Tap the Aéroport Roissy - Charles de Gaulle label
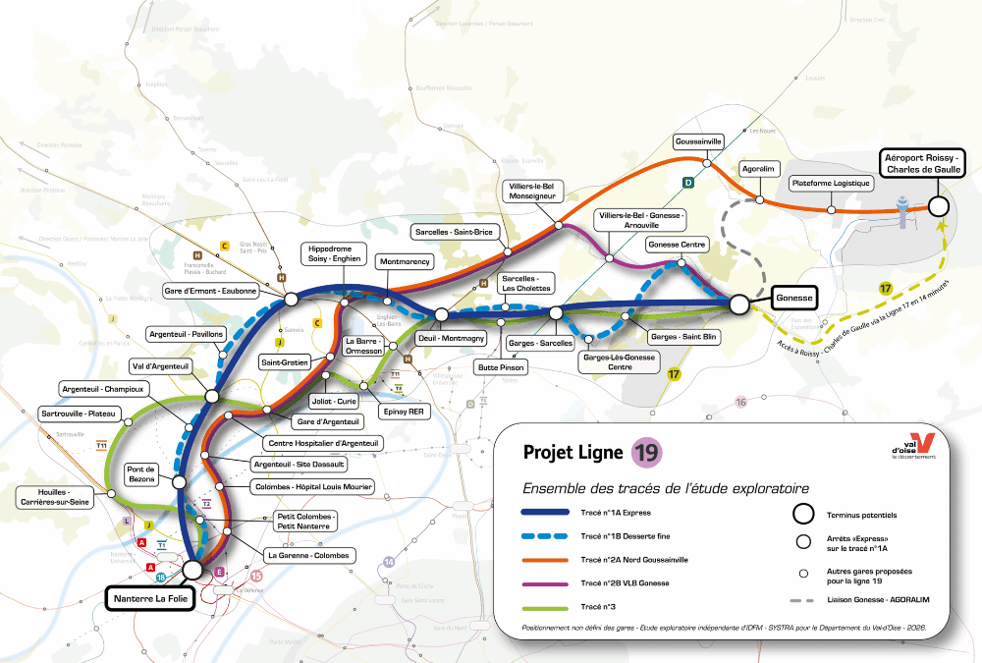(923, 163)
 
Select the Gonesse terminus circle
(739, 305)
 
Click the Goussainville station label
(699, 141)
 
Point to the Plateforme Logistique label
(831, 183)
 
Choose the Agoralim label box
(760, 168)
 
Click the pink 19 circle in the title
(646, 452)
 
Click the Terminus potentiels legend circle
(803, 514)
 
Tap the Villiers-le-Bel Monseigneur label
(534, 191)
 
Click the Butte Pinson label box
(502, 367)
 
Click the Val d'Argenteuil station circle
(211, 396)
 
